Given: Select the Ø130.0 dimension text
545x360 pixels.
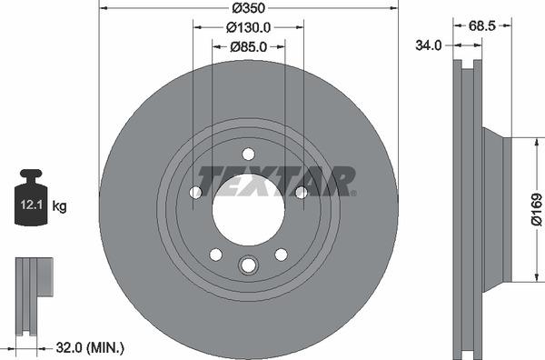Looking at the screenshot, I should [248, 27].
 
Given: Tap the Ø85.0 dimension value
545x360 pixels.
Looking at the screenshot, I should [248, 46].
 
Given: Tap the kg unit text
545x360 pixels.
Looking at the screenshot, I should [60, 206].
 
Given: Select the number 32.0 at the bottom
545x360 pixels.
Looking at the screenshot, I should [68, 347].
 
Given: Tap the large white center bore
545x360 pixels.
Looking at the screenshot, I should [248, 211].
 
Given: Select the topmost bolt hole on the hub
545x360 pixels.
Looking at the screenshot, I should [248, 154].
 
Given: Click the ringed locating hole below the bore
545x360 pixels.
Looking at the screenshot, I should [248, 265].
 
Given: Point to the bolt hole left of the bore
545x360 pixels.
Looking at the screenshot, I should [195, 192].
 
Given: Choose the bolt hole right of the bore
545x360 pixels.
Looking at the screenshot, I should [302, 192].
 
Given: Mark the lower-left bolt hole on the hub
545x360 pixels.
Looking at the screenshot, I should [215, 254].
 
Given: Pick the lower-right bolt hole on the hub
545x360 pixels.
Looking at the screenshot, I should [281, 254].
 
